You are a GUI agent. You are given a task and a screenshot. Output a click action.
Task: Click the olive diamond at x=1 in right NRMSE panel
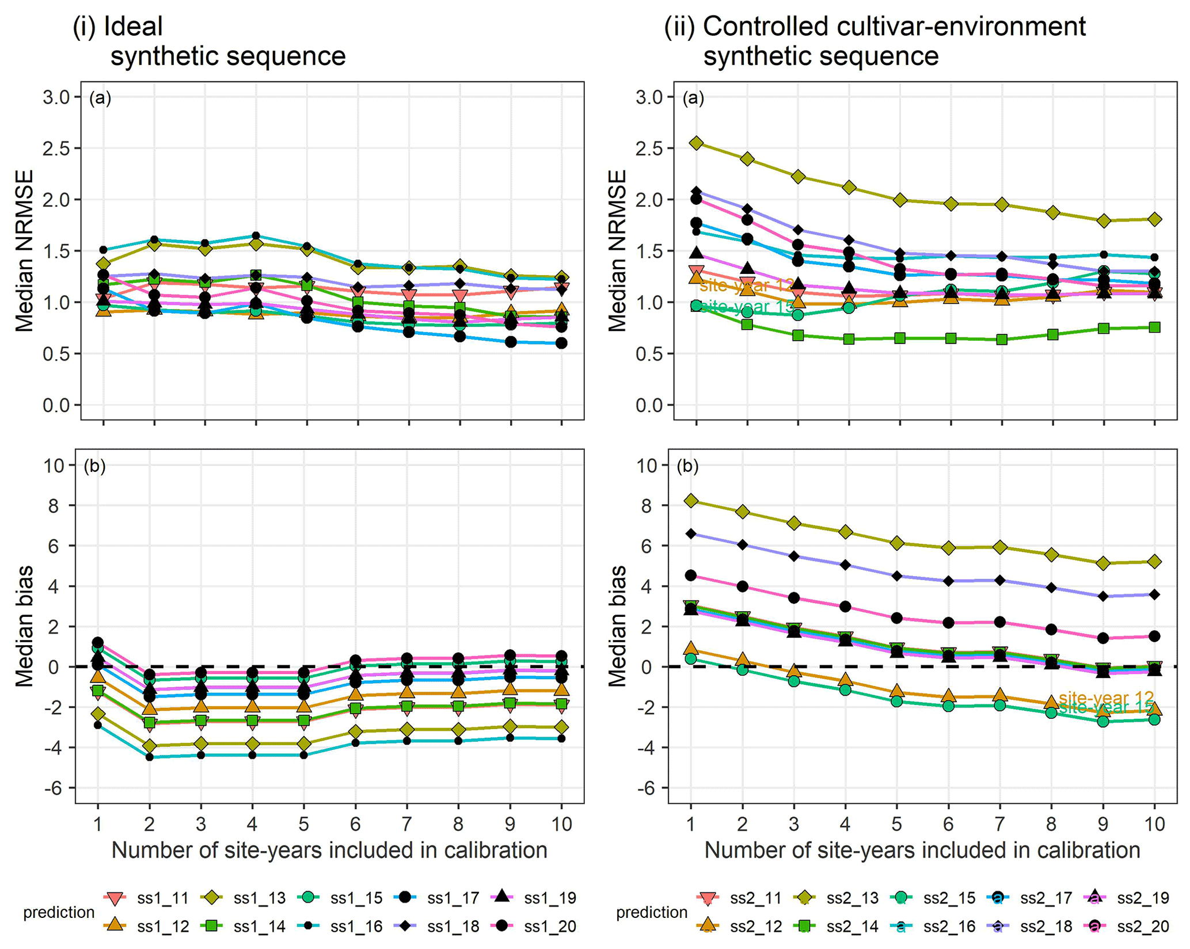click(x=696, y=143)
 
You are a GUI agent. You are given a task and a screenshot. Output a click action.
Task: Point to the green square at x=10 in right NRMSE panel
click(x=1154, y=327)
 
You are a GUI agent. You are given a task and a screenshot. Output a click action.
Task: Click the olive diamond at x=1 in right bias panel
click(x=691, y=501)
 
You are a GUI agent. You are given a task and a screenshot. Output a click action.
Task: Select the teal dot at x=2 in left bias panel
click(x=149, y=757)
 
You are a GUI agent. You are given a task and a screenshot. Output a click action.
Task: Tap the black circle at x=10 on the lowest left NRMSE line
click(x=561, y=343)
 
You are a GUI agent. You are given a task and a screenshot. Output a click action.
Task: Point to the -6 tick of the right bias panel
click(x=647, y=788)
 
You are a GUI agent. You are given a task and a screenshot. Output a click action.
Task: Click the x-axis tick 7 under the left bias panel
click(x=407, y=824)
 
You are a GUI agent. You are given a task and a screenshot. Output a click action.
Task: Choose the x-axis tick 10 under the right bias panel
click(x=1154, y=824)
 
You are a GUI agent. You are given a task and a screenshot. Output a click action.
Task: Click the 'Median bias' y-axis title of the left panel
click(x=24, y=626)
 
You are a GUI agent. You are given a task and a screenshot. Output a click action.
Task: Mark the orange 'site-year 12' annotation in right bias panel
click(x=1105, y=698)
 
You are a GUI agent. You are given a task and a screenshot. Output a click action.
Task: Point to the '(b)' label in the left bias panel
click(x=94, y=466)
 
